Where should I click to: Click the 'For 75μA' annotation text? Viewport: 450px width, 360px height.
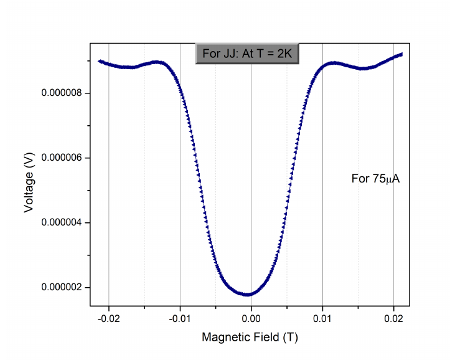[x=375, y=179]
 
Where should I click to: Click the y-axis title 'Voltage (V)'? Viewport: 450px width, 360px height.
[x=29, y=184]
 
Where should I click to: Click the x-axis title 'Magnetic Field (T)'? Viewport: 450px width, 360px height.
[x=250, y=338]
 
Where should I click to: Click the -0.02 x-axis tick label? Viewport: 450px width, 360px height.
[x=108, y=318]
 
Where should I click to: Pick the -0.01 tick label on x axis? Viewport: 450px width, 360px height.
[x=179, y=318]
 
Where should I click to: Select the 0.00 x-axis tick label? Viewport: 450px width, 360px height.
[x=251, y=318]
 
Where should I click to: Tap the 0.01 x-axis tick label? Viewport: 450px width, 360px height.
[x=322, y=318]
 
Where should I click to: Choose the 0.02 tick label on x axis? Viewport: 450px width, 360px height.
[x=393, y=318]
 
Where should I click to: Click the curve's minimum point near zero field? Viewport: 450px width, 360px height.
[x=248, y=294]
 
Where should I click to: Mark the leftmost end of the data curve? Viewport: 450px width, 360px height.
[x=100, y=61]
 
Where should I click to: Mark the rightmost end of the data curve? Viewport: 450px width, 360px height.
[x=401, y=54]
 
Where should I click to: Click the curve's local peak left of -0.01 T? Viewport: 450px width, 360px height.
[x=159, y=62]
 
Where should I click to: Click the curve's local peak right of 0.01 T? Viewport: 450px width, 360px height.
[x=335, y=62]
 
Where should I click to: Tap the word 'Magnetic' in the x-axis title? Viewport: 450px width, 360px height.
[x=222, y=338]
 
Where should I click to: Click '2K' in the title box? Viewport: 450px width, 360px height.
[x=284, y=54]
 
